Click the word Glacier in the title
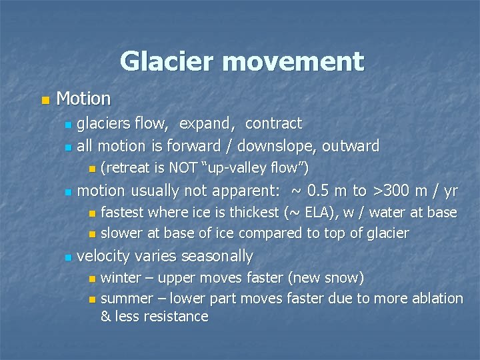coord(167,61)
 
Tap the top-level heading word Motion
coord(83,99)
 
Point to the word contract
coord(273,124)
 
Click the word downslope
coord(276,146)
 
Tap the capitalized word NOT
coord(183,167)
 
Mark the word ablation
coord(437,299)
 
